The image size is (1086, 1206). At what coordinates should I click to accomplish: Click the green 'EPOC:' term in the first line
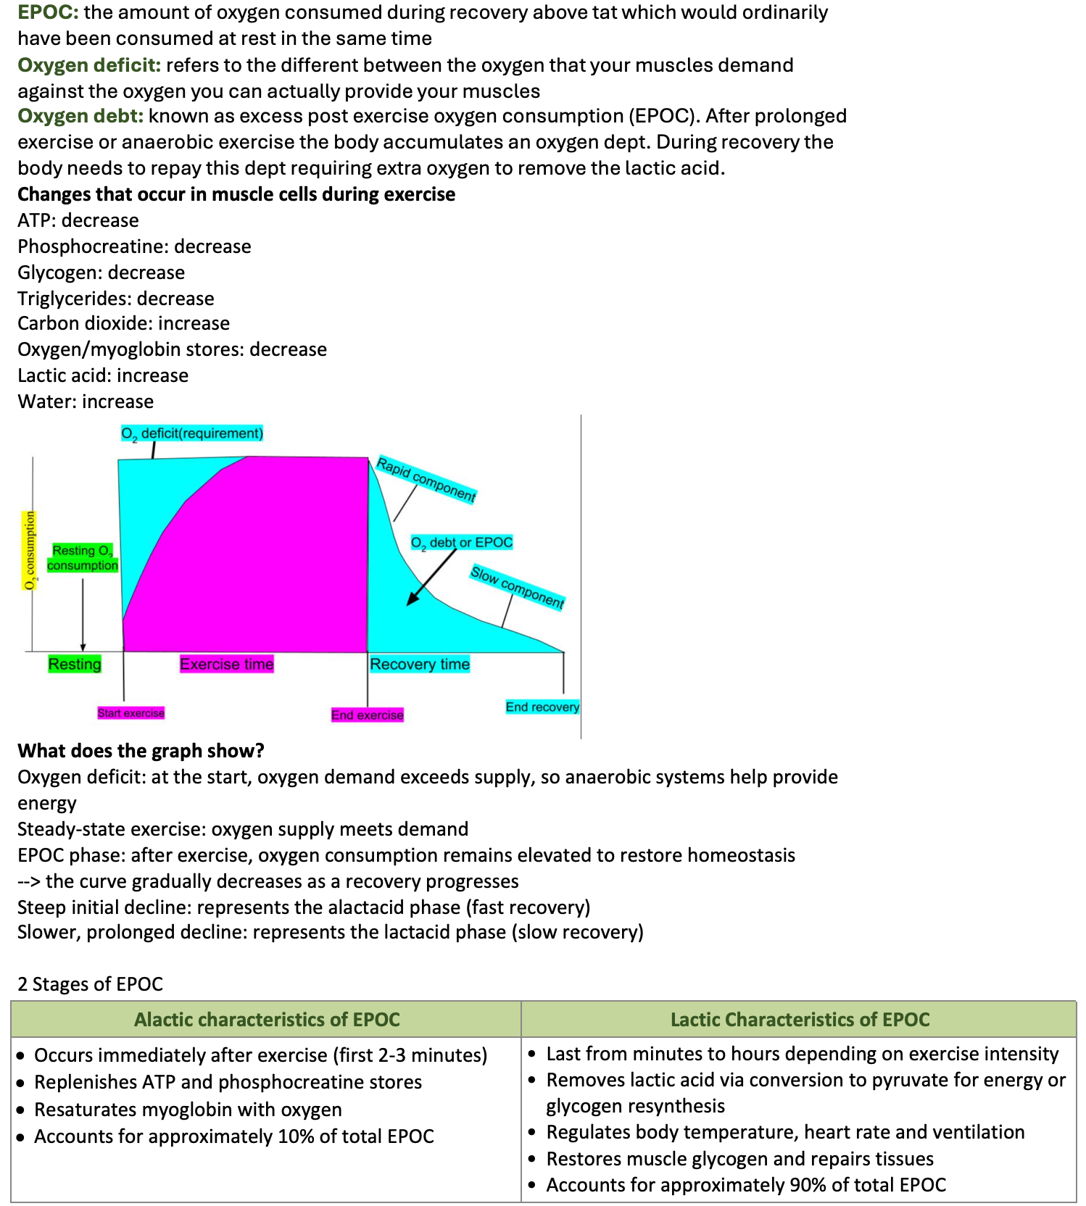tap(48, 13)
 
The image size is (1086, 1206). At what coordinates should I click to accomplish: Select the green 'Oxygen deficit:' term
tap(88, 65)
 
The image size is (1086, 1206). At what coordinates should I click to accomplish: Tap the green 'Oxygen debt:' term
tap(80, 116)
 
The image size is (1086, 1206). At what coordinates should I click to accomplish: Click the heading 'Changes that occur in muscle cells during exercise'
tap(236, 194)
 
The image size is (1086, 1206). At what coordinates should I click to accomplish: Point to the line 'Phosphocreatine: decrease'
tap(134, 246)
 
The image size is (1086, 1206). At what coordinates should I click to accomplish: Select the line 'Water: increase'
tap(86, 402)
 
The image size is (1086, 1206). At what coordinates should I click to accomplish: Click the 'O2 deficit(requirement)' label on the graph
tap(192, 433)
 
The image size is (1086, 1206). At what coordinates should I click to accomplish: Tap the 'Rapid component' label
tap(426, 480)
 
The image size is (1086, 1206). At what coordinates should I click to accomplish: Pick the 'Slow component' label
tap(517, 587)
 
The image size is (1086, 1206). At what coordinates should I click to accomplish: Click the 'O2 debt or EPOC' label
tap(462, 542)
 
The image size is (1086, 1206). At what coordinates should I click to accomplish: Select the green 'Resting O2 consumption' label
tap(83, 558)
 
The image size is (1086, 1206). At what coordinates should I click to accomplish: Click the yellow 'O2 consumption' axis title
tap(30, 551)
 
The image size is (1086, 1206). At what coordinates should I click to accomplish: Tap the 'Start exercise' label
tap(131, 713)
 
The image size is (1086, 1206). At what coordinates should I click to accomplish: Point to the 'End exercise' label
tap(367, 715)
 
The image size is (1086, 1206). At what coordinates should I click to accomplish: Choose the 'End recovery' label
tap(542, 707)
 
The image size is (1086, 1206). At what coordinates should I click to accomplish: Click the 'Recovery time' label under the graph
tap(420, 664)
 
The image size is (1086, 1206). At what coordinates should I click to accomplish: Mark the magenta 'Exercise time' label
tap(227, 664)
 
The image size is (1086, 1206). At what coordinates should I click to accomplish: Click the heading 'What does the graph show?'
tap(141, 751)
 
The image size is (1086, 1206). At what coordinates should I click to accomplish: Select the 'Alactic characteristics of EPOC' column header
tap(267, 1020)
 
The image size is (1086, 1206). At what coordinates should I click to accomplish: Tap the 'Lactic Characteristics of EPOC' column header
tap(800, 1020)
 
